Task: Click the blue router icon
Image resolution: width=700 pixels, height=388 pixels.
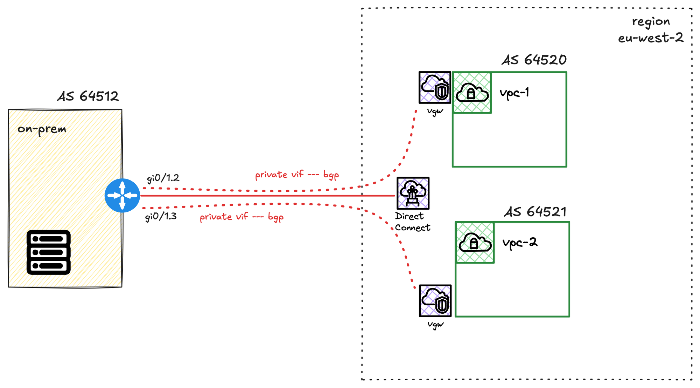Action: (122, 196)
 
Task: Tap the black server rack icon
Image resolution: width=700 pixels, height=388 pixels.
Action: (49, 252)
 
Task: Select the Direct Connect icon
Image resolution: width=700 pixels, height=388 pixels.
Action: (413, 193)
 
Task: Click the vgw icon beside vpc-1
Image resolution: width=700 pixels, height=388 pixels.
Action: (435, 88)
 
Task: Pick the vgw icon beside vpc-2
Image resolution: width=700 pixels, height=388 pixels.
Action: (435, 301)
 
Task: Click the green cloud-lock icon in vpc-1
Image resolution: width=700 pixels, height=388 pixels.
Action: (472, 93)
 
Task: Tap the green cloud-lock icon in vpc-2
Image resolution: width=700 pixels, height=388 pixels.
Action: (475, 243)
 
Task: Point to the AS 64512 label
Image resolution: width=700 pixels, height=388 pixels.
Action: (88, 96)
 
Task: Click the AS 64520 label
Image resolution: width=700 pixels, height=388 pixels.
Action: (534, 60)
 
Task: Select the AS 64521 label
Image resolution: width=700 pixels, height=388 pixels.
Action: (535, 212)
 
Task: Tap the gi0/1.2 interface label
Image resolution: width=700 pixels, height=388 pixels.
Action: (163, 178)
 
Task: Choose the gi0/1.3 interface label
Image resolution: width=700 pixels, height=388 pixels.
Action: (161, 217)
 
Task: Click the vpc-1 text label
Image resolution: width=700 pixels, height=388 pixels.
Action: (514, 93)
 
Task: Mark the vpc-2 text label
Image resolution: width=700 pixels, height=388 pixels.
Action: (520, 243)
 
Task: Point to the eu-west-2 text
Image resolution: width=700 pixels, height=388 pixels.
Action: (651, 38)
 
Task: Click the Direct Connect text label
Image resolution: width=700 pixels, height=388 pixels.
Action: (413, 222)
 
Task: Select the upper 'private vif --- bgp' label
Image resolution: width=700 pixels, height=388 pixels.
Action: (297, 175)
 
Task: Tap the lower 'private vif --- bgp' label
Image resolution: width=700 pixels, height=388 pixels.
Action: (241, 217)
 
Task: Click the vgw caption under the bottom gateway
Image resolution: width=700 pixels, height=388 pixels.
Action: (435, 325)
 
